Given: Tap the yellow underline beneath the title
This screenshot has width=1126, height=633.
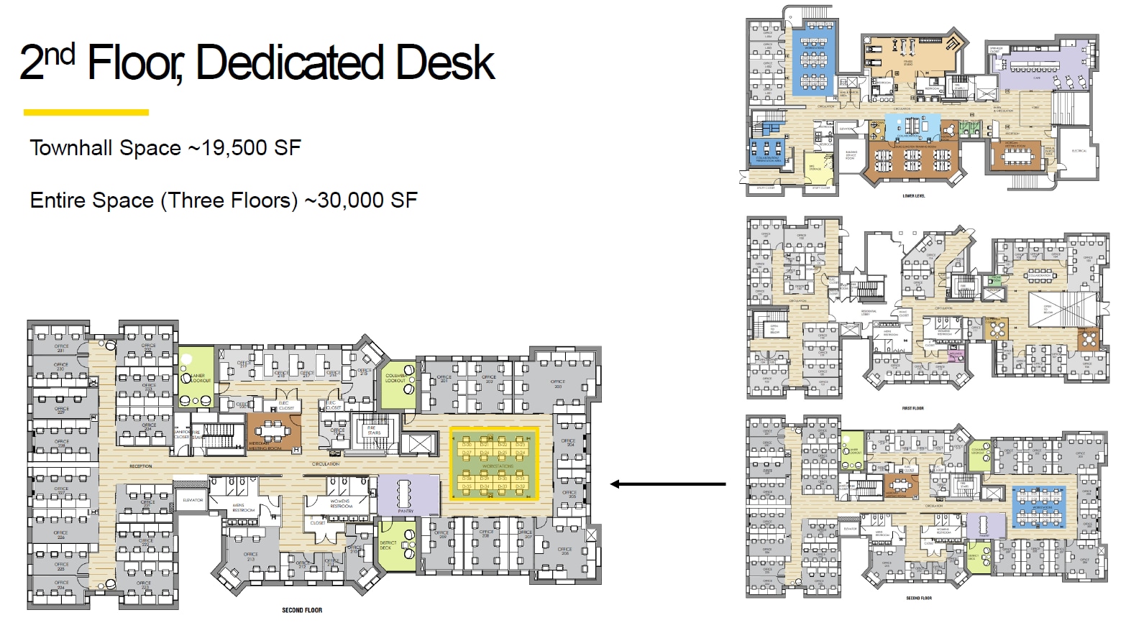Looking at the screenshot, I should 86,112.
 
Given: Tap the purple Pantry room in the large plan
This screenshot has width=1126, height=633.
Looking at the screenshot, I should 407,495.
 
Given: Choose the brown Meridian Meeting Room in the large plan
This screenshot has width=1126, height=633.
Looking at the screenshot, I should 273,432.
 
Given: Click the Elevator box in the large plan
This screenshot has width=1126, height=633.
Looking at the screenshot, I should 193,500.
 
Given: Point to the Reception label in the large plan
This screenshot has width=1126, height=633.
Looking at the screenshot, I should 140,466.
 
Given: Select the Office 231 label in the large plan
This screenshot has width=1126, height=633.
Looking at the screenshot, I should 61,348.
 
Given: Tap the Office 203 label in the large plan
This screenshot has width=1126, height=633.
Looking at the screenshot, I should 558,384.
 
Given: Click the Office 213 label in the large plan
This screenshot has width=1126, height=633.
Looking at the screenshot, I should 250,556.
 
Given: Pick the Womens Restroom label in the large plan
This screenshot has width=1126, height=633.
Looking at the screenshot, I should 340,504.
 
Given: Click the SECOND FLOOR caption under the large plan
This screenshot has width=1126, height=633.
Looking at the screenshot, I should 302,611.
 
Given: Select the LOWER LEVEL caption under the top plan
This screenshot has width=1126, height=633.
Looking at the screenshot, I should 913,196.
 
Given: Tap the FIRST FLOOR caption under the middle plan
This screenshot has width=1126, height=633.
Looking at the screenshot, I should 912,408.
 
